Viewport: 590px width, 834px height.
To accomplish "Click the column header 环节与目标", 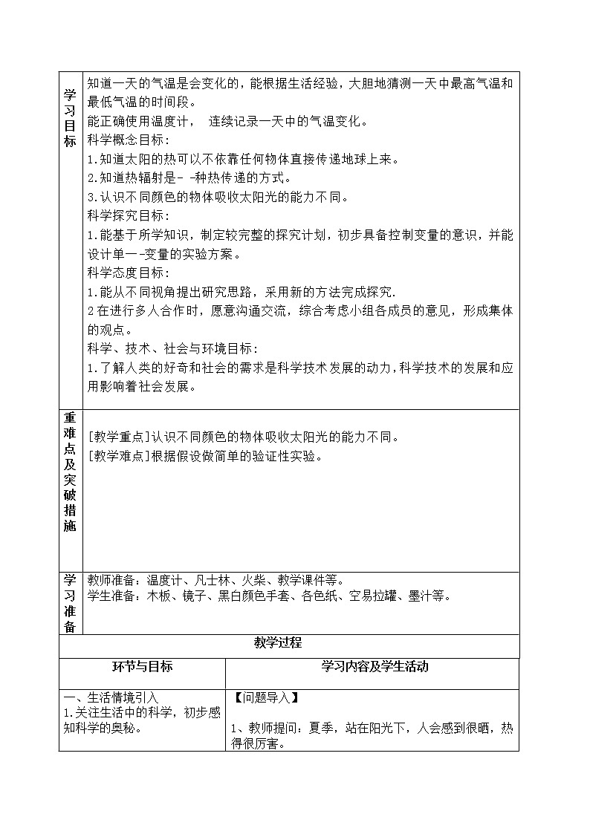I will click(141, 667).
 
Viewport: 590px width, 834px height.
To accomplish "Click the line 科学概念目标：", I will click(129, 140).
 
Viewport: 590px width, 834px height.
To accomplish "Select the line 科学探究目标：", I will click(129, 216).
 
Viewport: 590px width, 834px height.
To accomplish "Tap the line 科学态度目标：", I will click(129, 273).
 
